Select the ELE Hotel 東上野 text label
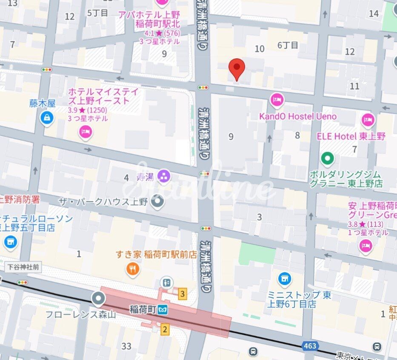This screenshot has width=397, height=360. point(351,136)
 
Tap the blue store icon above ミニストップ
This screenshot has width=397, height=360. point(284,279)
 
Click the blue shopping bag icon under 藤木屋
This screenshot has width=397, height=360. point(46,118)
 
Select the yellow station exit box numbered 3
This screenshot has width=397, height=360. point(183,294)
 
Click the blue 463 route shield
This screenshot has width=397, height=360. point(310,346)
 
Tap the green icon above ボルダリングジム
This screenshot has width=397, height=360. point(327,159)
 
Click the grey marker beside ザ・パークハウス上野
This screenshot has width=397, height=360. point(157,201)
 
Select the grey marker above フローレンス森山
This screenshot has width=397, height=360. point(99,298)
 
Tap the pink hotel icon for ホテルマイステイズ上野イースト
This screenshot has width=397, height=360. point(85,132)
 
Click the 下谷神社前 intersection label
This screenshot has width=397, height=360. point(23,267)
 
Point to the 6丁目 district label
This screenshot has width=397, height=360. point(288,45)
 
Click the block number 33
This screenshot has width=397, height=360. point(126,346)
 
